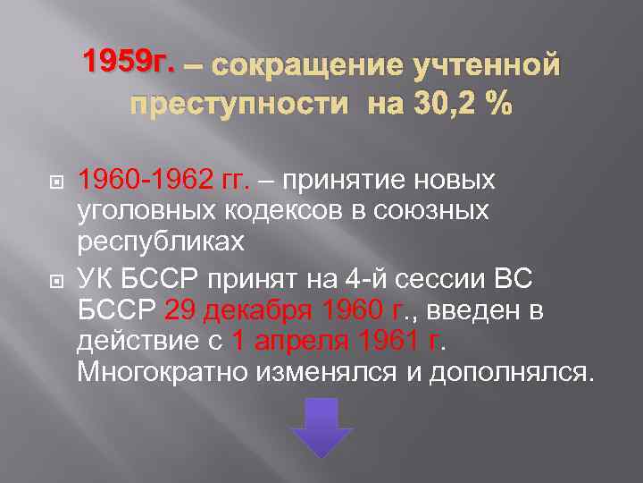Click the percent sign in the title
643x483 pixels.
(x=497, y=105)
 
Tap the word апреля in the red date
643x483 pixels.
(x=300, y=340)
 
